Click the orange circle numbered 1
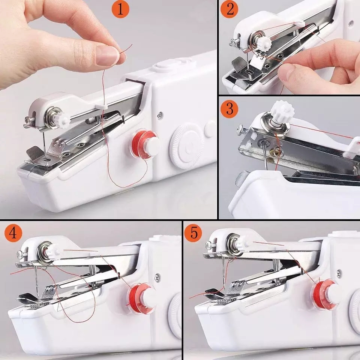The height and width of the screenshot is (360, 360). pyautogui.click(x=120, y=9)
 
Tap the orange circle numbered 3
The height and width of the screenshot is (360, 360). pyautogui.click(x=229, y=109)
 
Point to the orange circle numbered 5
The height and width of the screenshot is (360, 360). pyautogui.click(x=193, y=233)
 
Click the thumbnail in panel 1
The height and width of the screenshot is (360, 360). pyautogui.click(x=108, y=55)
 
